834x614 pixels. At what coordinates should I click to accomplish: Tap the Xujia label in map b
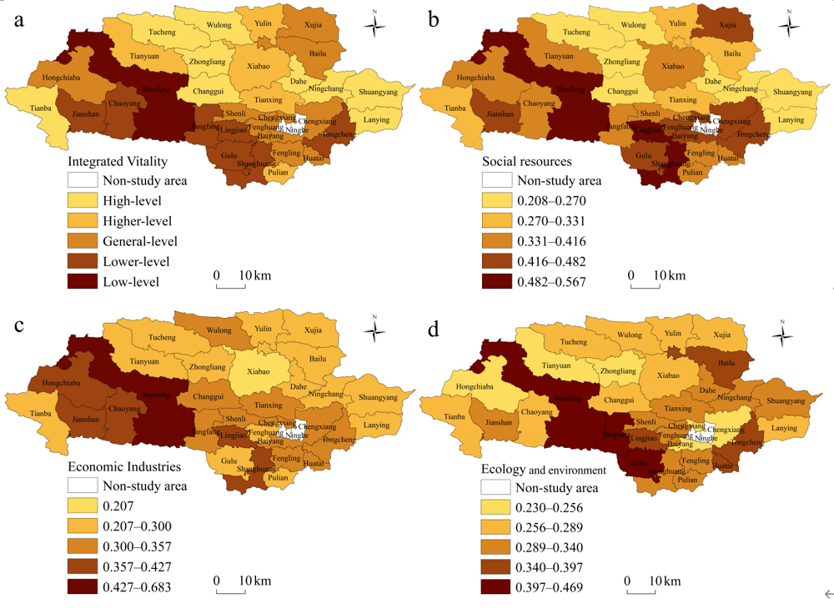pos(728,25)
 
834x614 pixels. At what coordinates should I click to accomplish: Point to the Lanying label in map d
pos(784,428)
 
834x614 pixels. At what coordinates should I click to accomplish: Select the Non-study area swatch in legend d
pos(496,488)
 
